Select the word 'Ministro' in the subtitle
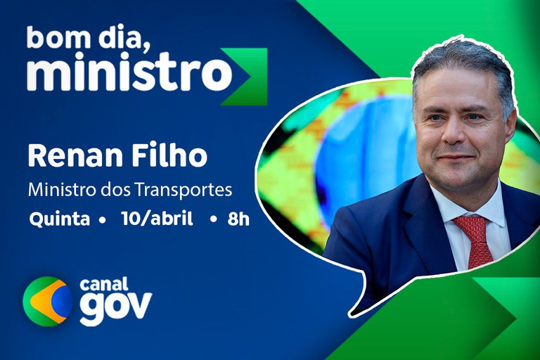(58, 190)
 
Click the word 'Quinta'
(59, 219)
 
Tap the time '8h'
(238, 219)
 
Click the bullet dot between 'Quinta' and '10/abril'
(103, 219)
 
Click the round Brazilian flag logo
(47, 302)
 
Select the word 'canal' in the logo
(104, 285)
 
